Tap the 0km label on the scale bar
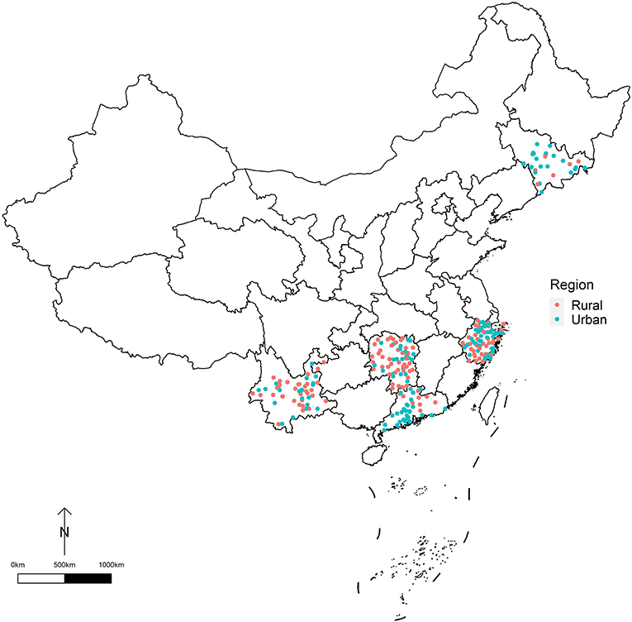pos(17,564)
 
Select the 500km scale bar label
pos(64,564)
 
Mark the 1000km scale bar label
pos(111,564)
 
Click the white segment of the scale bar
pos(40,577)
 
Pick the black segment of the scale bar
pos(88,577)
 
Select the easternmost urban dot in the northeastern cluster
pos(585,169)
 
